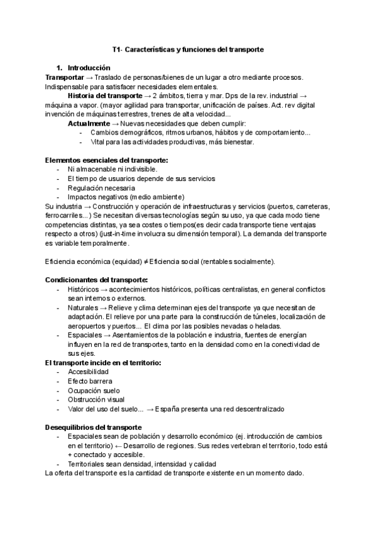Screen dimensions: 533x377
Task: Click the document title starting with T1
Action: pyautogui.click(x=188, y=48)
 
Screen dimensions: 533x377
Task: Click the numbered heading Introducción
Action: pyautogui.click(x=89, y=68)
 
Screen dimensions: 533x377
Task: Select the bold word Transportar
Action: pyautogui.click(x=68, y=77)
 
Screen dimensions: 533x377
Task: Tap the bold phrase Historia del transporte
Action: pyautogui.click(x=105, y=96)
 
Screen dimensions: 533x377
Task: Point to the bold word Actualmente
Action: pyautogui.click(x=88, y=123)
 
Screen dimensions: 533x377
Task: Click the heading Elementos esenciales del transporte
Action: pyautogui.click(x=106, y=160)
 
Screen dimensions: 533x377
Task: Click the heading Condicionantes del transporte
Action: pyautogui.click(x=97, y=280)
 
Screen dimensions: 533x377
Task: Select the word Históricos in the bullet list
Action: pyautogui.click(x=82, y=289)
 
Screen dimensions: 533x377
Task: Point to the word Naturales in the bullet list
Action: pyautogui.click(x=82, y=307)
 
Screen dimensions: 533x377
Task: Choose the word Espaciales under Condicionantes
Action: pyautogui.click(x=84, y=335)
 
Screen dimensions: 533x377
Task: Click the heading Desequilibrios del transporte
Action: pyautogui.click(x=93, y=427)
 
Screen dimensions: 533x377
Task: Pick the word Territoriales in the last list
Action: pyautogui.click(x=87, y=464)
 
